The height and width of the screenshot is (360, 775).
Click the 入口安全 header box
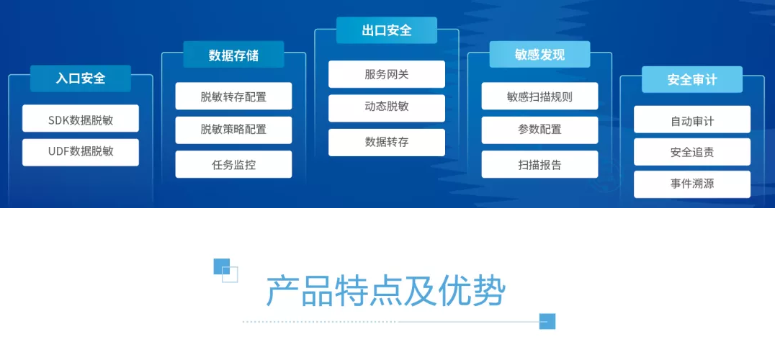click(81, 78)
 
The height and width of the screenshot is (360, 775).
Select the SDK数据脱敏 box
click(81, 119)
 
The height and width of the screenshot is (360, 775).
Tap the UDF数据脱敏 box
click(81, 153)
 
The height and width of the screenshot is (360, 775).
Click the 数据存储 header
click(234, 54)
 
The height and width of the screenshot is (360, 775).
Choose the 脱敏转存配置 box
click(234, 96)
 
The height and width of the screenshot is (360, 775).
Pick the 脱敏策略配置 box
click(234, 130)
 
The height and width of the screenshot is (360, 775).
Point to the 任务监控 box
click(234, 164)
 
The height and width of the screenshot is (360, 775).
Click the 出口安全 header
click(387, 30)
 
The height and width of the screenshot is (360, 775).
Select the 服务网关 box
click(387, 75)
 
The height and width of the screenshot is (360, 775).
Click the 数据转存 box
click(387, 143)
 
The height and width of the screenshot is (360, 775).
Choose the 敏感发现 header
click(539, 54)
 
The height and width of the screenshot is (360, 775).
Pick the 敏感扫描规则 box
click(539, 96)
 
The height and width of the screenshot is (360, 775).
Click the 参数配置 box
click(539, 130)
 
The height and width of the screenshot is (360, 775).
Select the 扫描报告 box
click(539, 164)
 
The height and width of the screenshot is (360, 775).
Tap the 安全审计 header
click(692, 79)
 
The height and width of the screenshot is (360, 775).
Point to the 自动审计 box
click(692, 120)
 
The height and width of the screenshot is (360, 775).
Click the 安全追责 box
click(692, 152)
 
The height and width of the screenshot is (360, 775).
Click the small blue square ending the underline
click(547, 322)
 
